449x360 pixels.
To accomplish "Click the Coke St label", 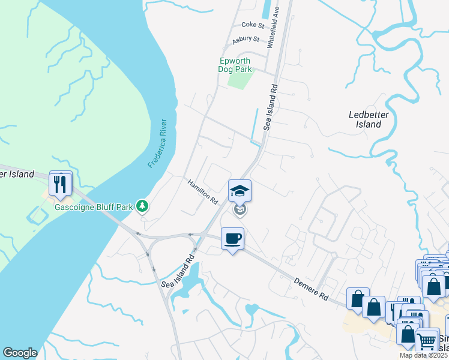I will (x=253, y=25).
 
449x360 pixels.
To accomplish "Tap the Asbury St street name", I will (x=246, y=40).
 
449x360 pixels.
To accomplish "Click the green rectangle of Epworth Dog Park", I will (x=241, y=80).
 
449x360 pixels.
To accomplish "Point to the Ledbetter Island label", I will (x=365, y=119).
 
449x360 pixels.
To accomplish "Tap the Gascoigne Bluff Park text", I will (x=93, y=207).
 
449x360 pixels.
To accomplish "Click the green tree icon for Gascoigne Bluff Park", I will (x=142, y=207).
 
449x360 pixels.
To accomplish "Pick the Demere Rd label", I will (x=313, y=288).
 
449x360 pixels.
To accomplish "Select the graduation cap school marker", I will (x=240, y=191).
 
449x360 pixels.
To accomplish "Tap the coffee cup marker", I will (x=233, y=239).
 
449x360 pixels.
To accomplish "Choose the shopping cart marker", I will (x=426, y=340).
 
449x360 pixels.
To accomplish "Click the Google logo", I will (x=20, y=353).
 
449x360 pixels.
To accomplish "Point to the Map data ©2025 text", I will (x=423, y=355).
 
